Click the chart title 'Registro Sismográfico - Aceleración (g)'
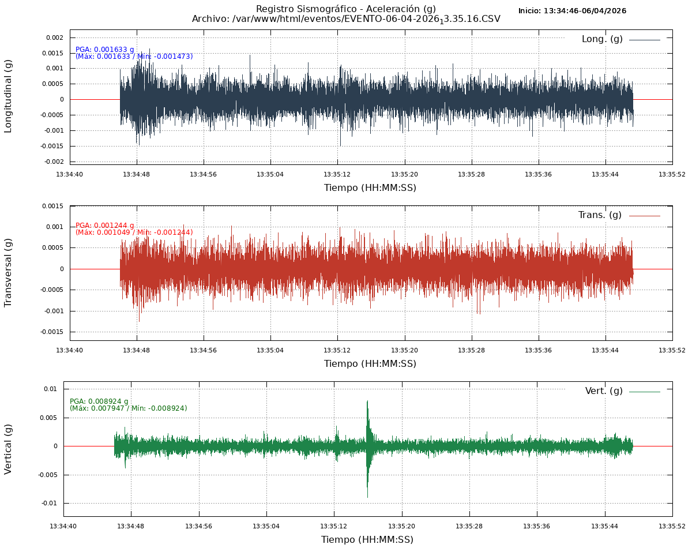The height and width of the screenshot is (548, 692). pyautogui.click(x=345, y=9)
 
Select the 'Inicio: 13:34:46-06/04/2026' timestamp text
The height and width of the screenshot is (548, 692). pyautogui.click(x=572, y=11)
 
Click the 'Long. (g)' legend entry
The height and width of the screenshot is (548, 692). pyautogui.click(x=602, y=39)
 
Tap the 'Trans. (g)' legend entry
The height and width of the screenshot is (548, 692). pyautogui.click(x=600, y=215)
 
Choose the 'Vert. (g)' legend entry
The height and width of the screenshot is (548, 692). pyautogui.click(x=604, y=391)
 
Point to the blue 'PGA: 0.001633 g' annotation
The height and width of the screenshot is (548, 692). pyautogui.click(x=105, y=50)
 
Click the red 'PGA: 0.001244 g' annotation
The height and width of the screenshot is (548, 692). pyautogui.click(x=105, y=226)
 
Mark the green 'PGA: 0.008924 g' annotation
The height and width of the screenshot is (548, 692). pyautogui.click(x=99, y=401)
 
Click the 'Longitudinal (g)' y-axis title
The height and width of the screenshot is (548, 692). pyautogui.click(x=8, y=96)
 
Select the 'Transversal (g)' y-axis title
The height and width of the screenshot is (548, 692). pyautogui.click(x=8, y=272)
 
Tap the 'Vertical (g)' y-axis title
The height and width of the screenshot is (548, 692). pyautogui.click(x=8, y=449)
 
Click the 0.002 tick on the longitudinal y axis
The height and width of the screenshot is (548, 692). pyautogui.click(x=54, y=37)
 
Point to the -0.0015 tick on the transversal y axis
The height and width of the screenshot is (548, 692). pyautogui.click(x=52, y=332)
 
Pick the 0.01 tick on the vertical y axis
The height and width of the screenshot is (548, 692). pyautogui.click(x=51, y=389)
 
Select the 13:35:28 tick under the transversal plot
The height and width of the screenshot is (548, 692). pyautogui.click(x=471, y=350)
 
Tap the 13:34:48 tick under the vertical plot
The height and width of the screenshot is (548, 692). pyautogui.click(x=131, y=526)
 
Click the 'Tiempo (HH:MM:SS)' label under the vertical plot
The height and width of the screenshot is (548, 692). pyautogui.click(x=367, y=540)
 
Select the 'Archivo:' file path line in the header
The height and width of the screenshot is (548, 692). pyautogui.click(x=346, y=19)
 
